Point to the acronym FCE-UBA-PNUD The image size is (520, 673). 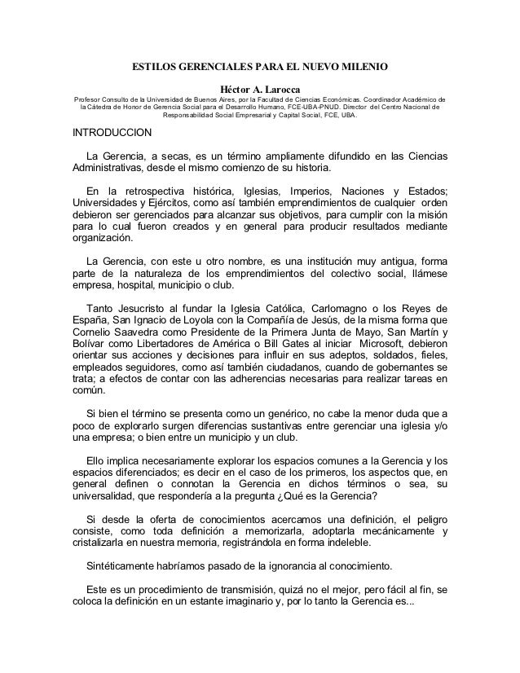pos(319,107)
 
